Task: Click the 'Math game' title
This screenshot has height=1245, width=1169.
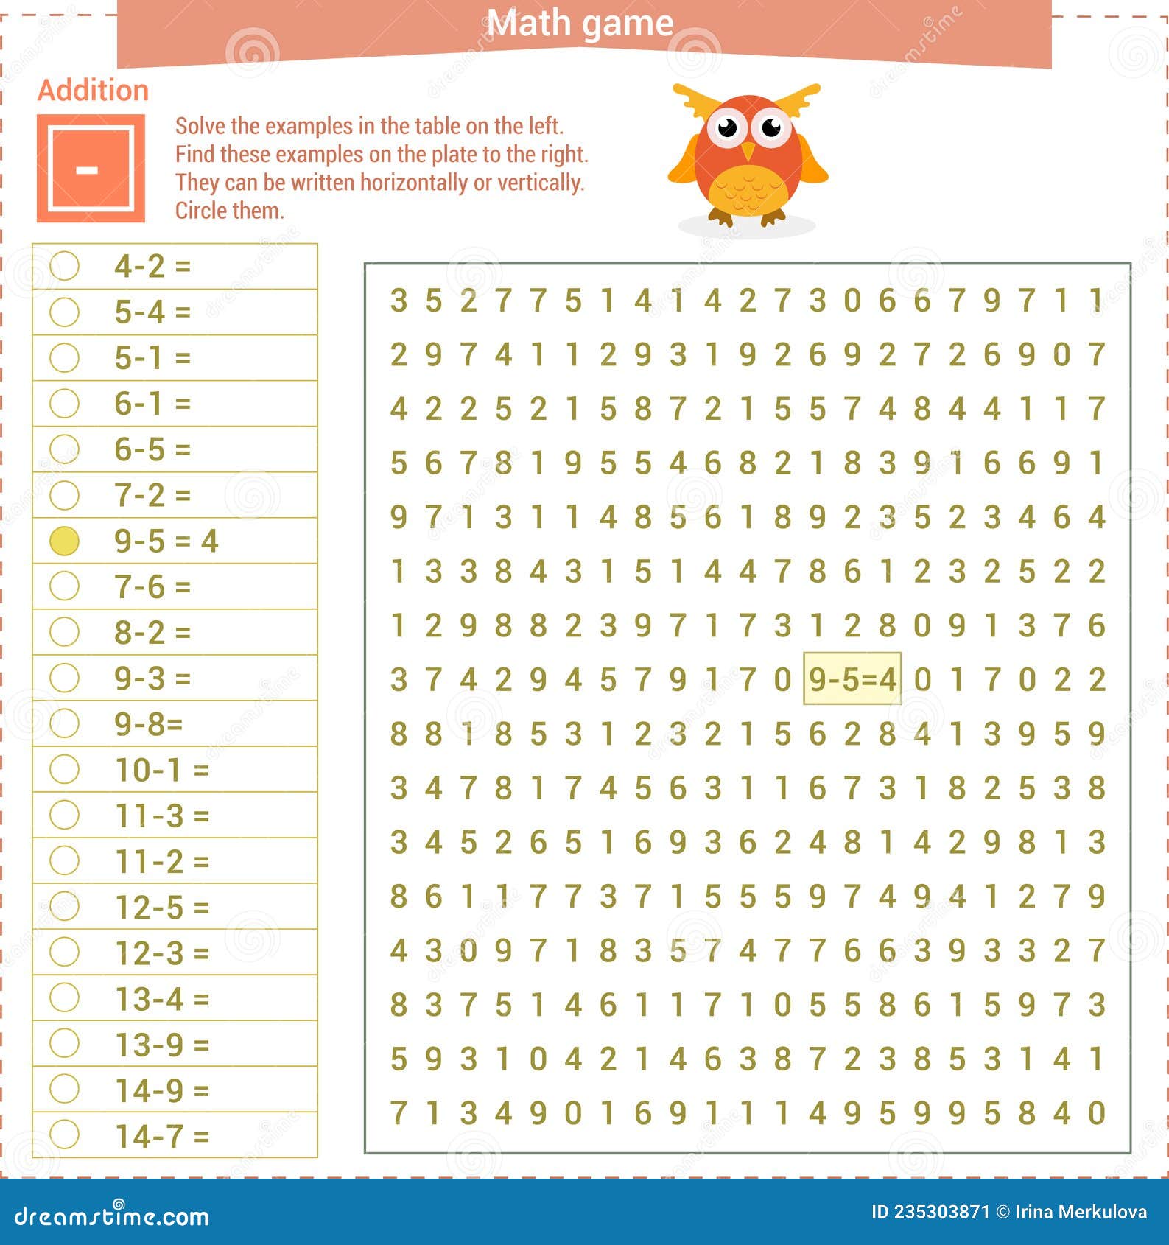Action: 580,24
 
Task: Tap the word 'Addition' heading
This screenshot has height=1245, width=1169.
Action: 93,91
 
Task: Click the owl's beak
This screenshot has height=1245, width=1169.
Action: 748,151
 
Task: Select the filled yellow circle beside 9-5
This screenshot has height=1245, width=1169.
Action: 64,541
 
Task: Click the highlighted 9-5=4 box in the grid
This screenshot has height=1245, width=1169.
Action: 852,678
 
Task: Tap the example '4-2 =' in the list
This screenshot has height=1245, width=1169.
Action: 152,266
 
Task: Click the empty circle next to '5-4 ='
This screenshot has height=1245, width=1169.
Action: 64,312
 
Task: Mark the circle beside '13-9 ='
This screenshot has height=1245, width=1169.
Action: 64,1043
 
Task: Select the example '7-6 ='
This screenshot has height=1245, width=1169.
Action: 152,587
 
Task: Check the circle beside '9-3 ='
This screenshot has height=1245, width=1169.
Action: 64,678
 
